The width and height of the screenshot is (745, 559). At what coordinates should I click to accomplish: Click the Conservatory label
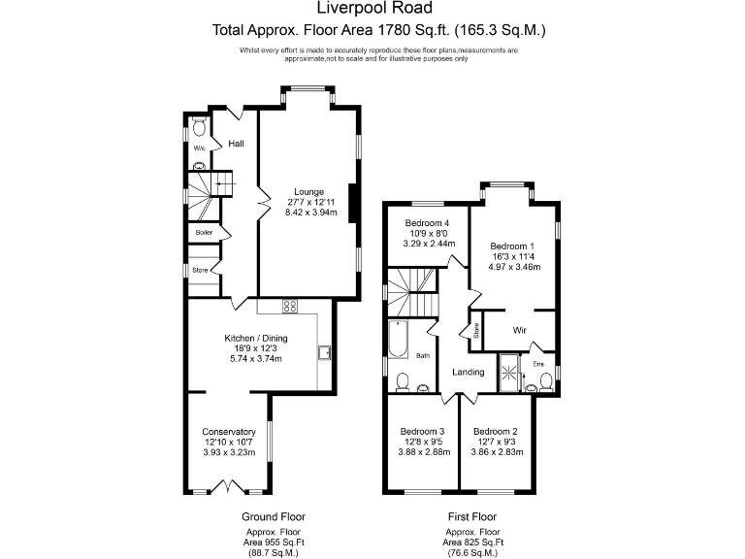pyautogui.click(x=229, y=432)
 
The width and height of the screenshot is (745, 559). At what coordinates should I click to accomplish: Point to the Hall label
pyautogui.click(x=236, y=144)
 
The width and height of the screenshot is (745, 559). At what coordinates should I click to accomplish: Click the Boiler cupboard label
pyautogui.click(x=204, y=233)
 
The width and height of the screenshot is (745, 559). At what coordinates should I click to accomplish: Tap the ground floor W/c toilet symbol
pyautogui.click(x=199, y=127)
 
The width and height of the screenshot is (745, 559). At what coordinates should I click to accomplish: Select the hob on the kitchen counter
pyautogui.click(x=289, y=307)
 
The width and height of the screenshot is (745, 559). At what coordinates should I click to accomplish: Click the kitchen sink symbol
pyautogui.click(x=325, y=351)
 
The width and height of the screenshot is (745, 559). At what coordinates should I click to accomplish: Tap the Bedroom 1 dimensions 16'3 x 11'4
pyautogui.click(x=514, y=256)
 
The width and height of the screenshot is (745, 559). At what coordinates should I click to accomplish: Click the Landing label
pyautogui.click(x=469, y=372)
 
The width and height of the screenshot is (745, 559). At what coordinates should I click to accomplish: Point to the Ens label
pyautogui.click(x=538, y=364)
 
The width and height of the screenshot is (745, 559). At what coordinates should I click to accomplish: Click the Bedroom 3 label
pyautogui.click(x=422, y=432)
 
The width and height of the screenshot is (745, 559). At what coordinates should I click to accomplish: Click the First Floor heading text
pyautogui.click(x=471, y=517)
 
